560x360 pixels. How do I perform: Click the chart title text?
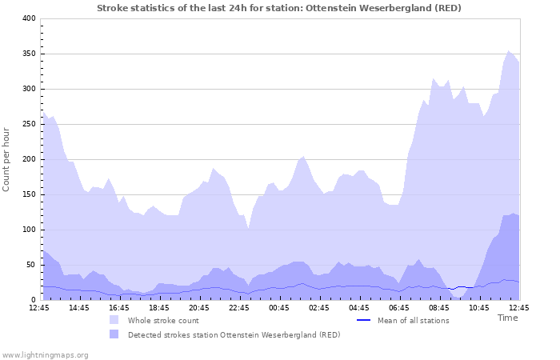click(x=279, y=7)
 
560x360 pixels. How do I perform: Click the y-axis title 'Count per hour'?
click(x=7, y=159)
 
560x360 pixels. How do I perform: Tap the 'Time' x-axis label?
click(x=507, y=318)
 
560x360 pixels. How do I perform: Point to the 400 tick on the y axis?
click(x=29, y=18)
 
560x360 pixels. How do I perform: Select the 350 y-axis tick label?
click(x=29, y=54)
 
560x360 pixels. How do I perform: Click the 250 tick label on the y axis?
click(x=29, y=124)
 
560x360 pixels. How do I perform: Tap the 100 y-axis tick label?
click(x=29, y=230)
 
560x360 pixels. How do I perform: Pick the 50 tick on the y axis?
click(x=31, y=265)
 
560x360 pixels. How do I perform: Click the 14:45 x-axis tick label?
click(x=78, y=307)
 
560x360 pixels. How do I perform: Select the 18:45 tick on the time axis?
click(x=158, y=307)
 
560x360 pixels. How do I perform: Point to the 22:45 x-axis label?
click(x=238, y=307)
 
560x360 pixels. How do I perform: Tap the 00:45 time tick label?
click(x=278, y=307)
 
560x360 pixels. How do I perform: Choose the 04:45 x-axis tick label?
click(x=358, y=307)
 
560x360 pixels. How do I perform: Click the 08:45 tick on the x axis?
click(x=438, y=307)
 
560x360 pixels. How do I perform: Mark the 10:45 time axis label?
click(x=478, y=307)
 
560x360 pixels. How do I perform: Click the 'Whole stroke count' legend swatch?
click(x=115, y=320)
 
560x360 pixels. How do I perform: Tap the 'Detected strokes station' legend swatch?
click(x=115, y=334)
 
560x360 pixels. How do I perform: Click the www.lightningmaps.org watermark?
click(x=45, y=354)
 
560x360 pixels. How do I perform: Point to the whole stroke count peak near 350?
click(x=508, y=52)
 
